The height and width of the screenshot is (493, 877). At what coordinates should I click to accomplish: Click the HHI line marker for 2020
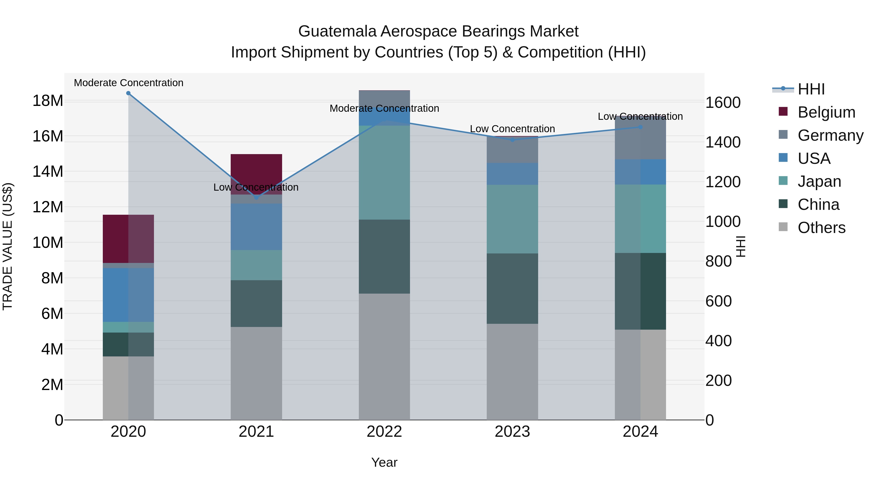(x=128, y=93)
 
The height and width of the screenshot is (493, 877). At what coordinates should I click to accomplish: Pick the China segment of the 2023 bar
(x=512, y=288)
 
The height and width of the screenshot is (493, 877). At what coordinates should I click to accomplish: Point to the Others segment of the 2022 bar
(x=384, y=357)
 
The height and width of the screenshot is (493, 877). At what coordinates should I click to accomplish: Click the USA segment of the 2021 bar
(x=256, y=227)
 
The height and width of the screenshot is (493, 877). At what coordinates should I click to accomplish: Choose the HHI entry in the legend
(x=811, y=89)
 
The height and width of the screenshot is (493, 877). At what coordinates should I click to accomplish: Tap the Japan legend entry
(x=819, y=181)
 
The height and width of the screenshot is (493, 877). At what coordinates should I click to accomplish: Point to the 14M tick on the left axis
(x=48, y=171)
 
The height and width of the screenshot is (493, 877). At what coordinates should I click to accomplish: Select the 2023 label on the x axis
(x=512, y=432)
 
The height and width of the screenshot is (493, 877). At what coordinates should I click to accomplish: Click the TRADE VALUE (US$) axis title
(x=8, y=246)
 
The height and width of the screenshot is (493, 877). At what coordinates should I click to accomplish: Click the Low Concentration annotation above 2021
(x=256, y=187)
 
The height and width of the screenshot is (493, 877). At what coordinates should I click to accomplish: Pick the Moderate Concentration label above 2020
(x=128, y=83)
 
